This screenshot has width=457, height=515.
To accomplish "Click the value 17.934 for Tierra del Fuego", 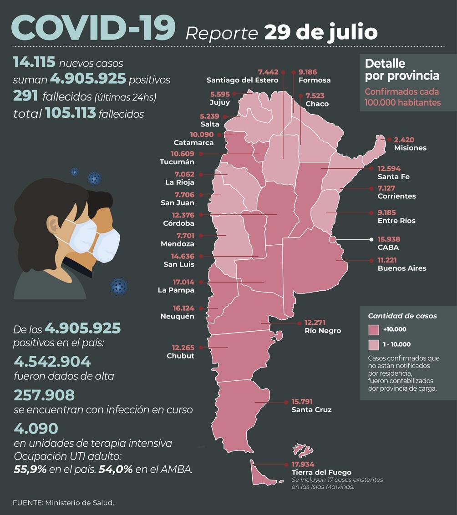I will point(306,465).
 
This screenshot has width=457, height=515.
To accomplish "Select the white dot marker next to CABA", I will point(371,239).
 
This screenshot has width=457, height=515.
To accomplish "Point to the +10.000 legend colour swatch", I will point(374,329).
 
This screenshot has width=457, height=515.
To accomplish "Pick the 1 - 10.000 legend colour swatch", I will point(374,344).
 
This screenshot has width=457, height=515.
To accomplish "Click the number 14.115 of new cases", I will point(34,62).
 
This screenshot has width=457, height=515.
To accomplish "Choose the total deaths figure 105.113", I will point(71,113).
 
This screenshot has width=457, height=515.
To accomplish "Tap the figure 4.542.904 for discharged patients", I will point(52,362).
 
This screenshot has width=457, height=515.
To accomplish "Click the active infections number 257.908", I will point(44,395).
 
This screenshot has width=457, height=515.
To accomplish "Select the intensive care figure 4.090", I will point(36,428).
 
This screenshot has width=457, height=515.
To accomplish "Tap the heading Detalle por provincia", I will point(402,69).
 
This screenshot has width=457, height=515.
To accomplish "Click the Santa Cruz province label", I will point(311,410).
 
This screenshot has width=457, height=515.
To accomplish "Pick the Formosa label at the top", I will point(315,80).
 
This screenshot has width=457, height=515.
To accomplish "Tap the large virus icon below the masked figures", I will point(119,286).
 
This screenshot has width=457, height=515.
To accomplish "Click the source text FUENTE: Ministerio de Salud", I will point(63,503).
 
